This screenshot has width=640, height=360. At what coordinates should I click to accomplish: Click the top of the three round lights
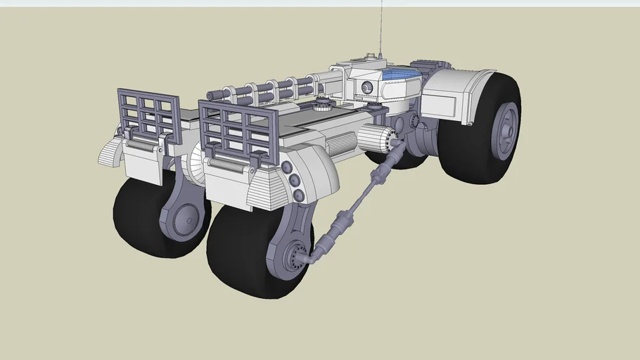(x=286, y=167)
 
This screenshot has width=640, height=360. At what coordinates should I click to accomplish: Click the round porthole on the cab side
(x=366, y=87)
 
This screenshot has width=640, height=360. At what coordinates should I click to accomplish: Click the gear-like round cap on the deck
(x=323, y=106)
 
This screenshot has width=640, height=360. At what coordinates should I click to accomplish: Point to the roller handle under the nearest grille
(x=229, y=163)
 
